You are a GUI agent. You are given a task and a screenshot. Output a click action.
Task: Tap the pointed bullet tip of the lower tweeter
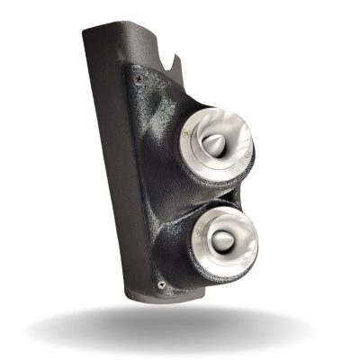(223, 240)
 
